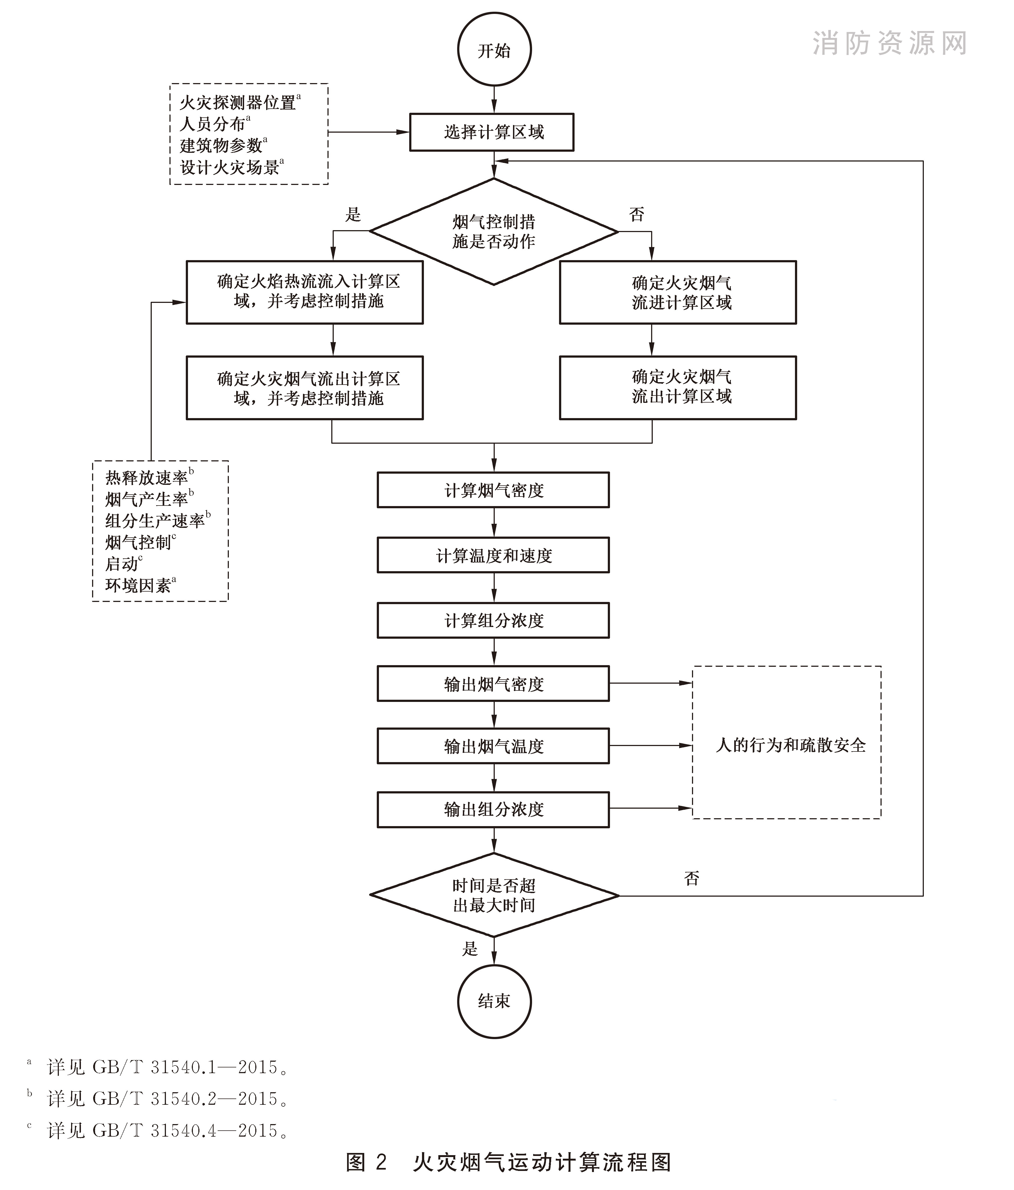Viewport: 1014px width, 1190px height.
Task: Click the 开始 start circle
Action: (494, 50)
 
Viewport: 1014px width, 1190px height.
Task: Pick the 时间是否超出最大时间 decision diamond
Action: (494, 895)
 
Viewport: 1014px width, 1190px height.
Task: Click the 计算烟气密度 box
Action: (493, 490)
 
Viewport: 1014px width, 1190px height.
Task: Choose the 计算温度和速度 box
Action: (493, 555)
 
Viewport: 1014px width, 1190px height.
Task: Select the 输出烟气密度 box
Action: (493, 683)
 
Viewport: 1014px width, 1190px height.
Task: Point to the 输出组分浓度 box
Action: (493, 809)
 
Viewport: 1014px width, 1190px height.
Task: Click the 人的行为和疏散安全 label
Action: (791, 745)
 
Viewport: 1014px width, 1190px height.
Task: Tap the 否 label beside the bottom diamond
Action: (692, 878)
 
